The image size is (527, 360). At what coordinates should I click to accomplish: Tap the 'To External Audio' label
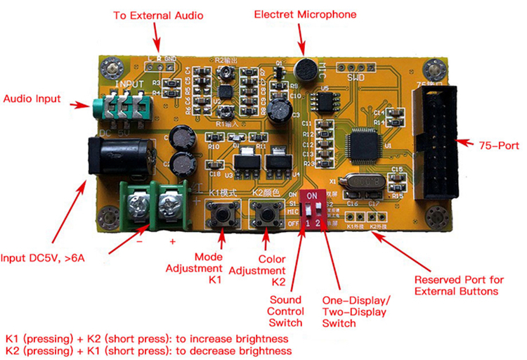[158, 15]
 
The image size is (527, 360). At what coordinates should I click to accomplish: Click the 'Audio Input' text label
[32, 99]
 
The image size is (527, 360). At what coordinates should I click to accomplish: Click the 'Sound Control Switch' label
[286, 311]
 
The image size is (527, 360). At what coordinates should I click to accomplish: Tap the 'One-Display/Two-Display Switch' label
[356, 312]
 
